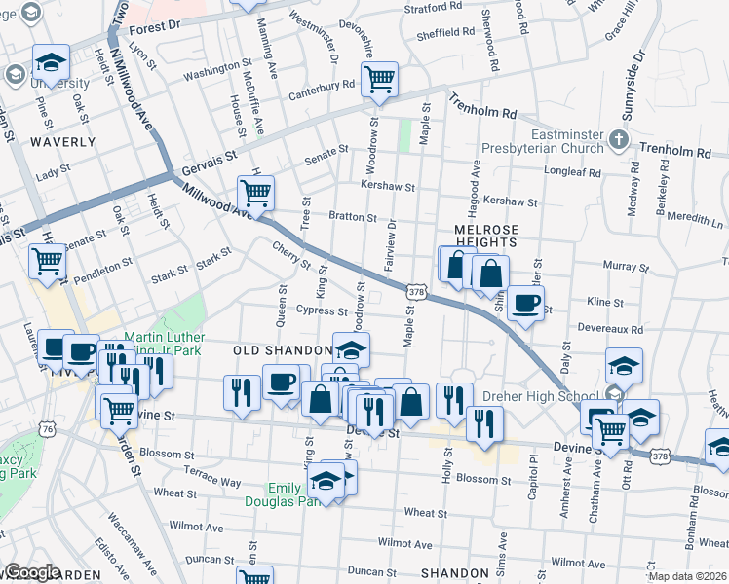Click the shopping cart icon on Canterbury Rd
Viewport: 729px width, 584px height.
(x=379, y=79)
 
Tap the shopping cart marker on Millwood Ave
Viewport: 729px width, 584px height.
(x=255, y=192)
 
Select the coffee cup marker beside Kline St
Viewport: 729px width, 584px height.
(x=525, y=303)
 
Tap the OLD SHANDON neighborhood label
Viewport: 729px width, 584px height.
(x=283, y=349)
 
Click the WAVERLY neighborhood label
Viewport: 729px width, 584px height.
(x=63, y=141)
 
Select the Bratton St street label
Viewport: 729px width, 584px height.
(x=352, y=217)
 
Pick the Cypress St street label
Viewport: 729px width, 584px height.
(x=322, y=311)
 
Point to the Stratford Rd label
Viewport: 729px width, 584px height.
(x=430, y=8)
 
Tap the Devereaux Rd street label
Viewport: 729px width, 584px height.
(x=609, y=330)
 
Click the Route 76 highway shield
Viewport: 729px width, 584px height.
(x=48, y=428)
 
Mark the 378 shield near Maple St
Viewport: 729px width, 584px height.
(x=416, y=291)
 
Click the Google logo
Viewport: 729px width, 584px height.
(x=32, y=572)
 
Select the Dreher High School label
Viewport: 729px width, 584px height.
(x=526, y=396)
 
